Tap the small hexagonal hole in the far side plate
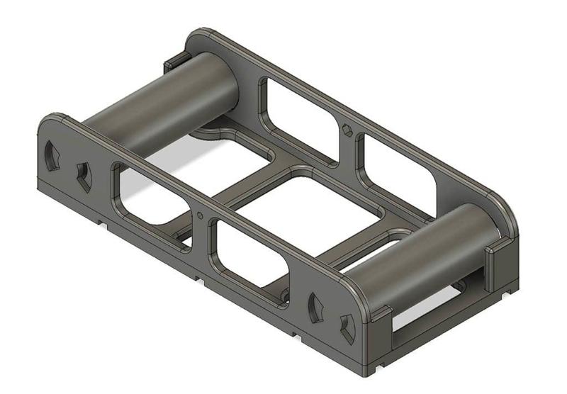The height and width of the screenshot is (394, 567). click(x=346, y=130)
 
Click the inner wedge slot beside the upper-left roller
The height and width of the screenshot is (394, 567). click(x=84, y=176)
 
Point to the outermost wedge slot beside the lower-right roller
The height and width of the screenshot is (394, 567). click(x=347, y=327)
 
